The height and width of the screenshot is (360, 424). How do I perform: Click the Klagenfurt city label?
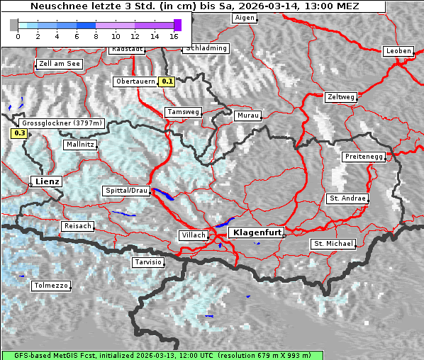[x=258, y=232]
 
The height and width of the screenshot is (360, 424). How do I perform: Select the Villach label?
[x=193, y=235]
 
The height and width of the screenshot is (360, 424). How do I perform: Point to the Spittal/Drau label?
[x=127, y=191]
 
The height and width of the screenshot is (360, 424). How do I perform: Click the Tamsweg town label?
[x=184, y=112]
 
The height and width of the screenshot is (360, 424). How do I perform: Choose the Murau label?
[x=248, y=115]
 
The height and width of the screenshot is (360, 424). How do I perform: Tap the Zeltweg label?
[x=341, y=96]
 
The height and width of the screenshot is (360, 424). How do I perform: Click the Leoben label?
[x=398, y=51]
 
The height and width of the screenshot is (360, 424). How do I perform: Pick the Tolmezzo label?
[x=51, y=286]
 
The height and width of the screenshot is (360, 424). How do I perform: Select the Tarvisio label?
[x=148, y=262]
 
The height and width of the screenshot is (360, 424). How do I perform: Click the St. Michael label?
[x=333, y=244]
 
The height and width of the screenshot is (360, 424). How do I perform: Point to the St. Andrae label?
[x=347, y=198]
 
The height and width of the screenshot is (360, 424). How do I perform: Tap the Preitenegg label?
[x=364, y=156]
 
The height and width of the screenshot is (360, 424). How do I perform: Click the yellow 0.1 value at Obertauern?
[x=167, y=81]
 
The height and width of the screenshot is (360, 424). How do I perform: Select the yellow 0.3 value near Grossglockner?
[x=19, y=133]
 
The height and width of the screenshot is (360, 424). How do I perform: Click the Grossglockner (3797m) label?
[x=62, y=123]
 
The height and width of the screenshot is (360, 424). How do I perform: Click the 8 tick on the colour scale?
[x=96, y=35]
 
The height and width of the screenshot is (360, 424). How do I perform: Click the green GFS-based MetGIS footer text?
[x=162, y=355]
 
